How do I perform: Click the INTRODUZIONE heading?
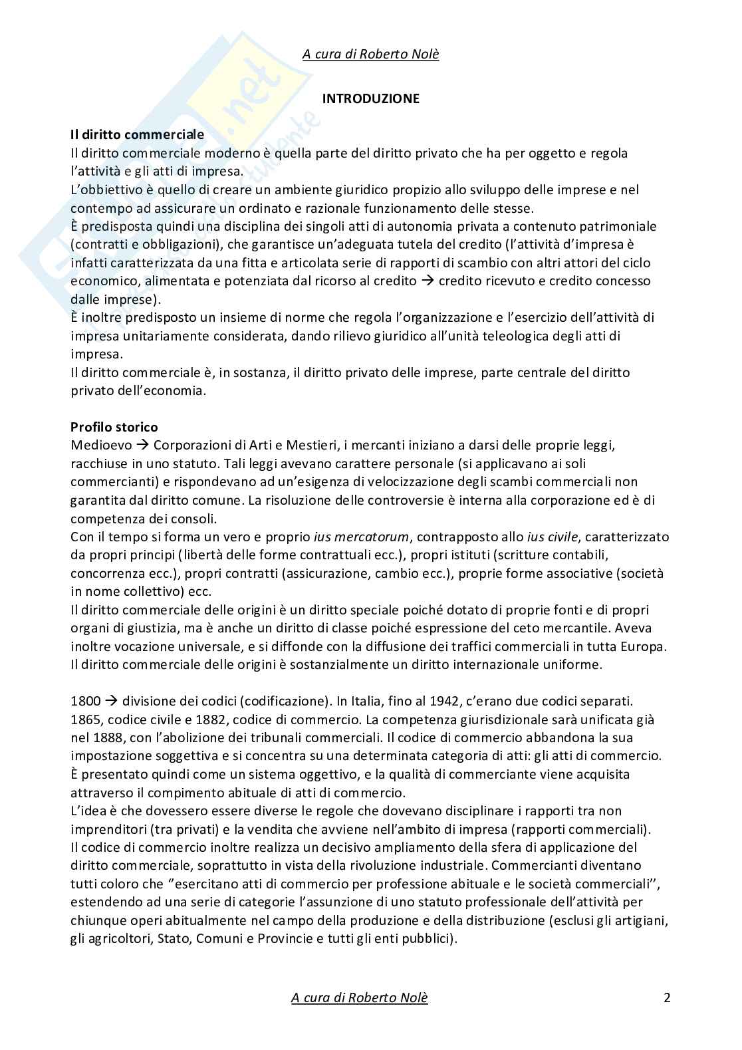tap(370, 98)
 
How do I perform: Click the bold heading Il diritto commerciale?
tap(137, 135)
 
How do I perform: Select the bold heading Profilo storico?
tap(114, 427)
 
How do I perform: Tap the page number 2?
tap(667, 997)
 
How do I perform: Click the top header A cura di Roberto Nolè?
tap(370, 55)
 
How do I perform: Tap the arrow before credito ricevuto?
tap(429, 281)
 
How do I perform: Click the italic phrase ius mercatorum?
tap(362, 537)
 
